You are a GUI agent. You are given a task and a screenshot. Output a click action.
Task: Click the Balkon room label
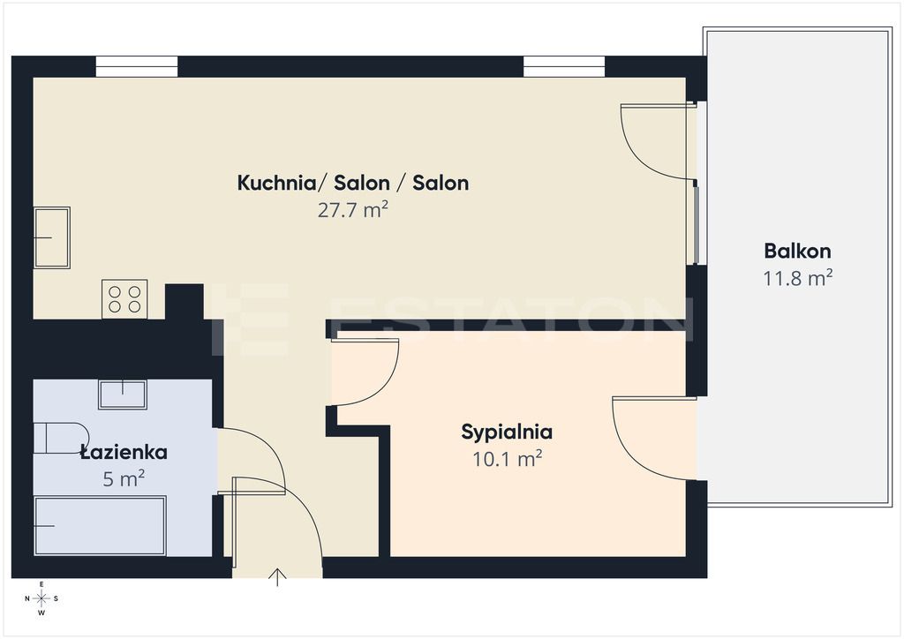[797, 252]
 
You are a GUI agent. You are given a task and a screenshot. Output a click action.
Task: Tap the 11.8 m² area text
[797, 278]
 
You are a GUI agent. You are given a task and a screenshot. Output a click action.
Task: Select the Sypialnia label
[507, 432]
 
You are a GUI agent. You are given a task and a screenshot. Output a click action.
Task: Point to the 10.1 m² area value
[507, 459]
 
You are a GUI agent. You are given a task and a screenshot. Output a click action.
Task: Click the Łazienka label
[124, 452]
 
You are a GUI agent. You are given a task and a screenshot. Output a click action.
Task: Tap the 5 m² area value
[124, 479]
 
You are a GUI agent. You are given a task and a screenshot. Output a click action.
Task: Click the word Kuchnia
[276, 184]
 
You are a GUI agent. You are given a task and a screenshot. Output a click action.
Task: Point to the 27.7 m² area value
[353, 210]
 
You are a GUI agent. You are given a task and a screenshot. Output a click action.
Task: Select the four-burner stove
[124, 299]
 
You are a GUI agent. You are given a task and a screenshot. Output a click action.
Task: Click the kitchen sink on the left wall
[52, 237]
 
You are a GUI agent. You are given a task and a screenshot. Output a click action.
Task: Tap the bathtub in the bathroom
[101, 525]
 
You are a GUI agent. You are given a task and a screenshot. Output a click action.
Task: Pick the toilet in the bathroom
[61, 438]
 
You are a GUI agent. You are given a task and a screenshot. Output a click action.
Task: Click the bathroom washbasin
[122, 395]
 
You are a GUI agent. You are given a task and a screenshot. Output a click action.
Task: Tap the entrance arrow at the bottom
[277, 576]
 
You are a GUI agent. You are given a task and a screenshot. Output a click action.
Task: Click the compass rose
[41, 598]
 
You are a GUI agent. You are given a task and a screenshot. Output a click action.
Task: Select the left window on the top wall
[137, 67]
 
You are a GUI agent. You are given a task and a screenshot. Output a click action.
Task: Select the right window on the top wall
[564, 67]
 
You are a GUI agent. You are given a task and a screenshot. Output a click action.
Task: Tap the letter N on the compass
[27, 598]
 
